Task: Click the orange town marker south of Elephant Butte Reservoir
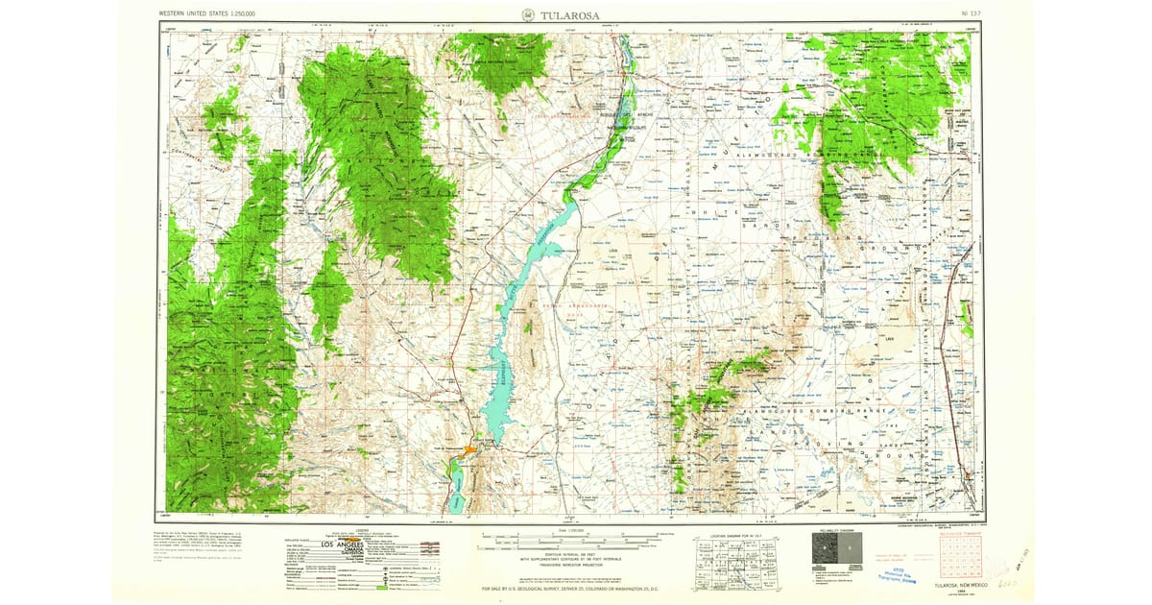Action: pyautogui.click(x=471, y=448)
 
